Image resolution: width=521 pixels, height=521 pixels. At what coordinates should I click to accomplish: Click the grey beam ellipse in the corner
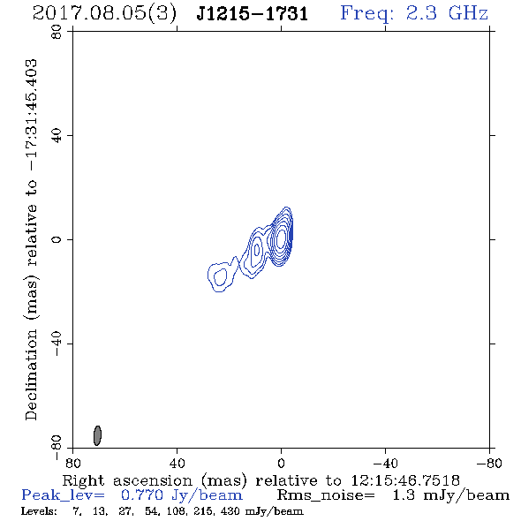click(97, 435)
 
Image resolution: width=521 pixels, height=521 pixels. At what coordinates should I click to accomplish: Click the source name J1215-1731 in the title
click(253, 13)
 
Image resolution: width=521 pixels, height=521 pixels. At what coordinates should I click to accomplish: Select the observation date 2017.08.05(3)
click(104, 13)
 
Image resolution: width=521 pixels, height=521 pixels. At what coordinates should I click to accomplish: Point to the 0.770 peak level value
click(143, 495)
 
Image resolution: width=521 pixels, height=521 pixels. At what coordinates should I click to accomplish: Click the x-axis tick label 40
click(177, 463)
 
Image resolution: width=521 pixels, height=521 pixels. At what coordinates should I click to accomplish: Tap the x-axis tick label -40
click(385, 463)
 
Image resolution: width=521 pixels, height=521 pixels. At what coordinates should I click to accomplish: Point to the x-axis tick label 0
click(281, 463)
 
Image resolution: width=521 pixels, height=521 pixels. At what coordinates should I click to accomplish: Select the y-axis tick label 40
click(57, 136)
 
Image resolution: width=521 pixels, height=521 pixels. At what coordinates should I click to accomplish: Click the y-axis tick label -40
click(57, 344)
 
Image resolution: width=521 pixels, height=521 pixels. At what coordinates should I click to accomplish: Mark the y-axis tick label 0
click(57, 239)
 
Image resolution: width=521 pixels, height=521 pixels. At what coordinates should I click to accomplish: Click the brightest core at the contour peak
click(281, 238)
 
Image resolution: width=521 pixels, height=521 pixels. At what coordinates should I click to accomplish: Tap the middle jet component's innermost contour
click(256, 250)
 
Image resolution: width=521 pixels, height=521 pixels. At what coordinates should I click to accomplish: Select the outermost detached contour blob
click(208, 276)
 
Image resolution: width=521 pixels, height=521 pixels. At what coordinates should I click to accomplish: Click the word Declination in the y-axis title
click(31, 374)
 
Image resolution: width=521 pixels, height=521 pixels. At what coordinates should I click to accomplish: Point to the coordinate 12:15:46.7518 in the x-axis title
click(405, 480)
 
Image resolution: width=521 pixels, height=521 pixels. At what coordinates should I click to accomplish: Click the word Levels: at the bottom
click(39, 511)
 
